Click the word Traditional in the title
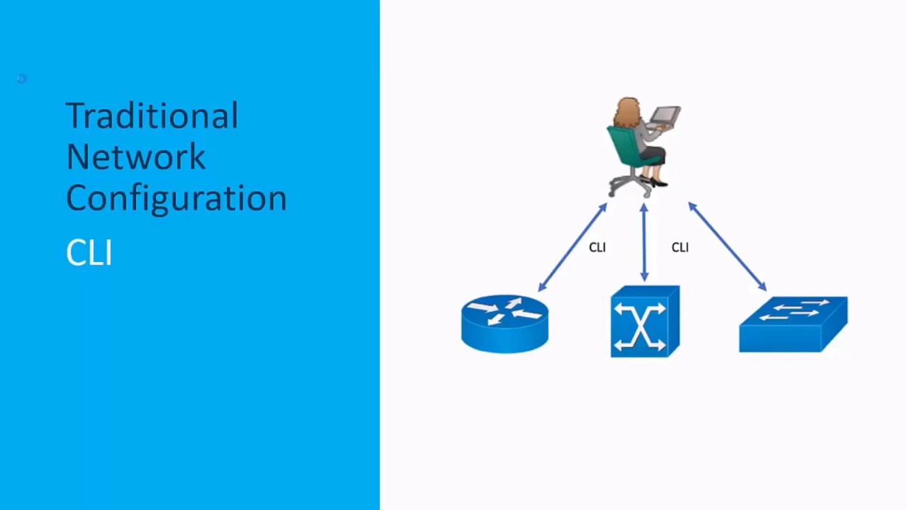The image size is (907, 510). pos(152,115)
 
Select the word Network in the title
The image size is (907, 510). pos(135,157)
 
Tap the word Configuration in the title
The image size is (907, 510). pos(176,199)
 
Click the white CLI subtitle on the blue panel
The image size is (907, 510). pos(89,252)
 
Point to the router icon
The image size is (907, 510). pos(505,324)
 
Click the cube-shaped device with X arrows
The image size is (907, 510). pos(645,322)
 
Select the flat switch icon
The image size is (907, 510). pos(793,324)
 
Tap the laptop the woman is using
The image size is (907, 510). pos(665,118)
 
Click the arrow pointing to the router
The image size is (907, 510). pos(573,247)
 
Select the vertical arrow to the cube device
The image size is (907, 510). pos(644,242)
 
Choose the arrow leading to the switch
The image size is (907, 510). pos(728,246)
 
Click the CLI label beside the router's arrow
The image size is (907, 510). pos(597,247)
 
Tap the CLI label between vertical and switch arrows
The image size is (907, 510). pos(680,247)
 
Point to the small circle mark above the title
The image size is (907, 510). pos(22,79)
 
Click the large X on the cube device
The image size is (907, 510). pos(640,326)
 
